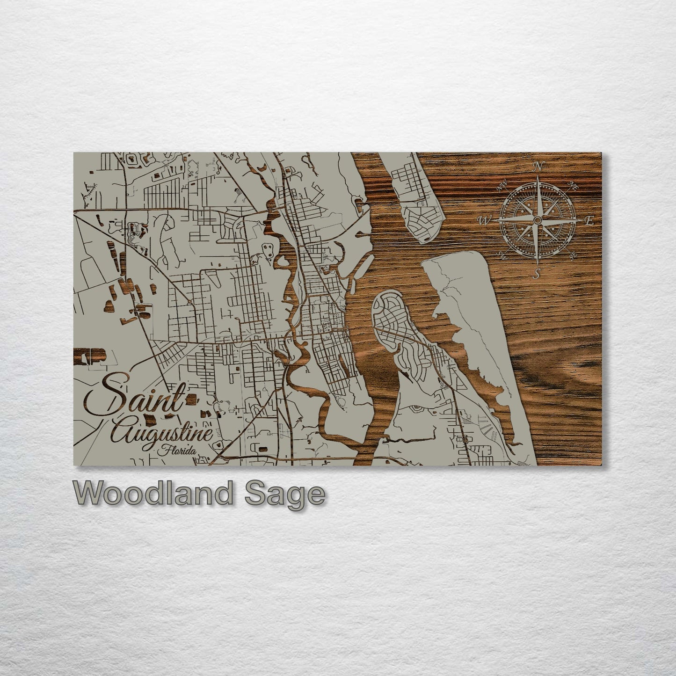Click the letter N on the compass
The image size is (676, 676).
point(539,166)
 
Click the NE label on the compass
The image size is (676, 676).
point(574,186)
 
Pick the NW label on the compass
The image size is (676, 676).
point(503,186)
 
